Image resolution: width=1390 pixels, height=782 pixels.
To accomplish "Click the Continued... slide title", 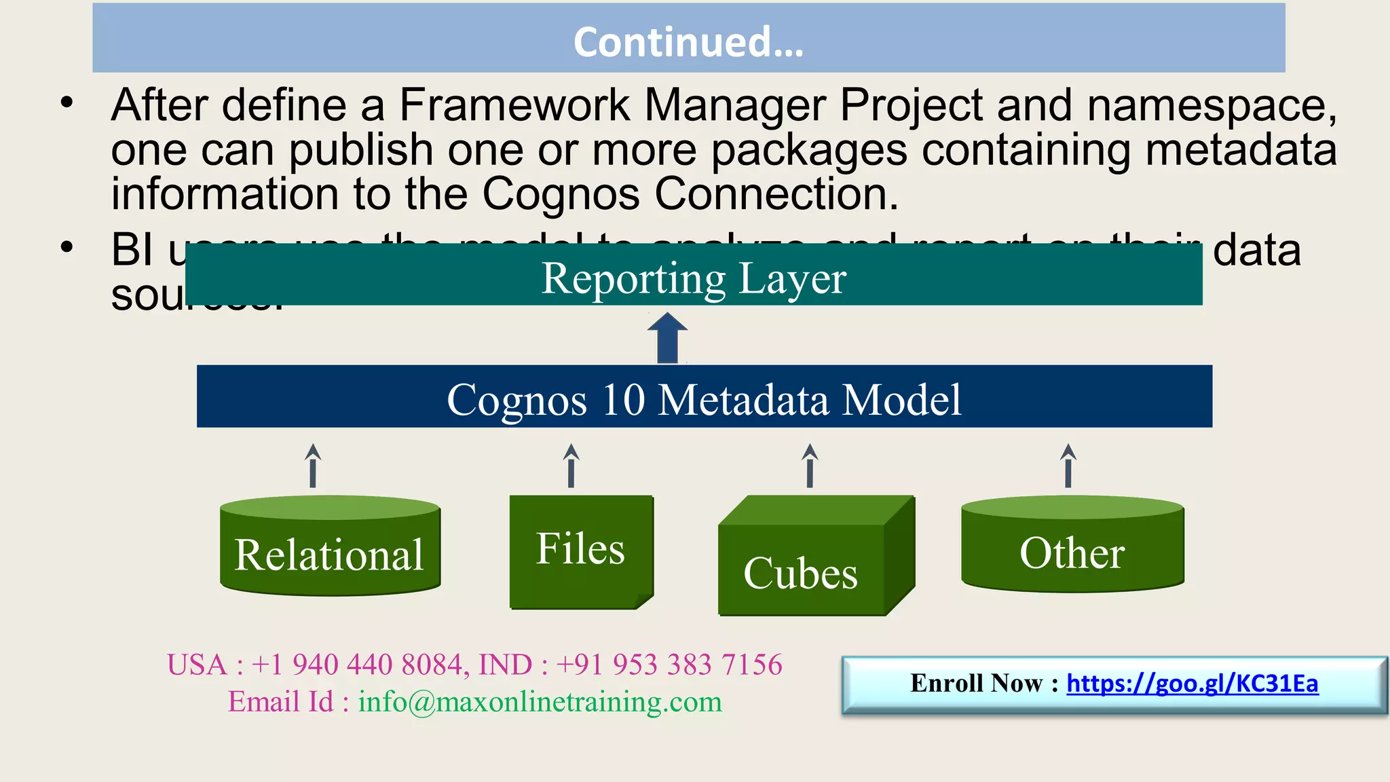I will [x=688, y=41].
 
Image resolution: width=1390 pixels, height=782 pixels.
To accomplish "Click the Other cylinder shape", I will [x=1072, y=547].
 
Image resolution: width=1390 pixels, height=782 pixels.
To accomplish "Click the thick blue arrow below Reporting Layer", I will [x=668, y=338].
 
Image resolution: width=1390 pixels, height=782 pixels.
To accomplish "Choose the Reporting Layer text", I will [x=693, y=278].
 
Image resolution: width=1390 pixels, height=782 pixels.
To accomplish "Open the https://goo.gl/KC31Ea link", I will [x=1192, y=684].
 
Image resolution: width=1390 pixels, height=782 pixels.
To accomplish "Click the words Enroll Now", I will [x=976, y=684].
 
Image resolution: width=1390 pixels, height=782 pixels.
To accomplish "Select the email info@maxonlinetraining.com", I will [x=540, y=702].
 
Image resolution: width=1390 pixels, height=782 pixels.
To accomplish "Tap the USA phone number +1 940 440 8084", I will [x=358, y=665].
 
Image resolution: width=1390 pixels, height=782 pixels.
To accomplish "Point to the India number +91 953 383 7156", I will [x=669, y=665].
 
